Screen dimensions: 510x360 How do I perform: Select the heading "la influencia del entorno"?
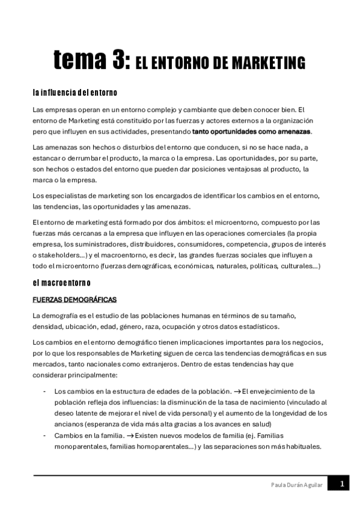[x=75, y=93]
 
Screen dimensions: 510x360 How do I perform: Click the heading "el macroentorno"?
[x=62, y=283]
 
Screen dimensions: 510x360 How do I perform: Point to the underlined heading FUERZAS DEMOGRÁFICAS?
[x=75, y=300]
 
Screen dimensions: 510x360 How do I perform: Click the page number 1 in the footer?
[x=341, y=484]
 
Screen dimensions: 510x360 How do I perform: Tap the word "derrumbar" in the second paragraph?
[x=78, y=158]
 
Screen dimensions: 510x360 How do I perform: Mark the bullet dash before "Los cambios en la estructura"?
[x=46, y=391]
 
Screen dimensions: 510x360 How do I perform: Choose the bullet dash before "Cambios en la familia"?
[x=46, y=435]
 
